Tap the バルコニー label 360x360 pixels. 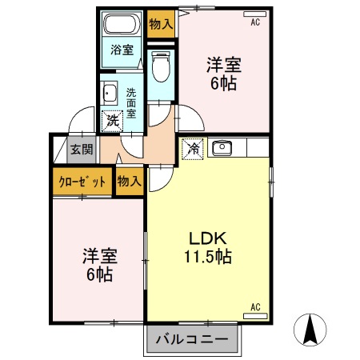192,339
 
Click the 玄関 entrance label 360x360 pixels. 80,148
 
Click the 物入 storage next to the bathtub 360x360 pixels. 160,23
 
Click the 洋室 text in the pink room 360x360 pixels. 223,65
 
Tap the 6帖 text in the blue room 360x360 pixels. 100,274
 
